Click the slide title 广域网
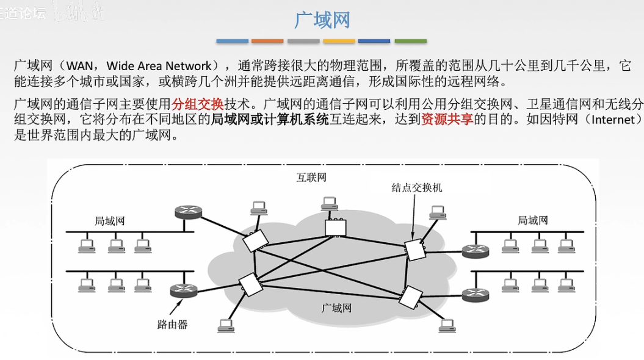(322, 20)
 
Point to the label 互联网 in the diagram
(311, 178)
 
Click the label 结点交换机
(416, 187)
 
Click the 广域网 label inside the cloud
(336, 308)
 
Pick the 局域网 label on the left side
(109, 221)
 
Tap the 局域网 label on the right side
(532, 220)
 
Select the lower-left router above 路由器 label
(182, 290)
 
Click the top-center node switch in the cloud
(335, 227)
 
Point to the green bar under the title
(410, 41)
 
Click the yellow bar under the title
(339, 41)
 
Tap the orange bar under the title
(267, 41)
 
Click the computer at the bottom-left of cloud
(225, 325)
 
